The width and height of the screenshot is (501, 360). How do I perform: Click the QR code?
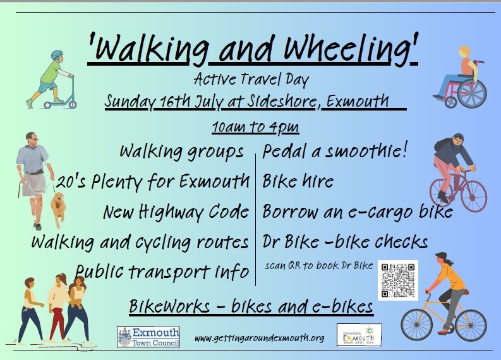[x=398, y=280]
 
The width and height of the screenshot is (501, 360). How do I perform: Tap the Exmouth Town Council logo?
[x=148, y=336]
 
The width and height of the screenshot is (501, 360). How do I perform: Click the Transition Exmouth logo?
[x=358, y=335]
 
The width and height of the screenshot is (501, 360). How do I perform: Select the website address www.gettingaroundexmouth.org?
[x=259, y=338]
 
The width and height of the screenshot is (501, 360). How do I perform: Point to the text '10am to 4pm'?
[x=255, y=126]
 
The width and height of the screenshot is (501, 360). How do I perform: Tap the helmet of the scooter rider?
[x=57, y=55]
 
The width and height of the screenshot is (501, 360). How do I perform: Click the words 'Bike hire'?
[x=298, y=182]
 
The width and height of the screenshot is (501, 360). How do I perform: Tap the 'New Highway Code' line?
[x=176, y=212]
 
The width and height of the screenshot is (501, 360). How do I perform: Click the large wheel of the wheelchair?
[x=471, y=93]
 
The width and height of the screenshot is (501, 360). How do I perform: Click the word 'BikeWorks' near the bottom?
[x=169, y=307]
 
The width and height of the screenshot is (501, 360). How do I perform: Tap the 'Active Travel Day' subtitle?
[x=251, y=80]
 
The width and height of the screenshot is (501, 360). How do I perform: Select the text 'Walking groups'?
[x=182, y=152]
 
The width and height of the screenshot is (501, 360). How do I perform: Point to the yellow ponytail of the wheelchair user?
[x=464, y=51]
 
